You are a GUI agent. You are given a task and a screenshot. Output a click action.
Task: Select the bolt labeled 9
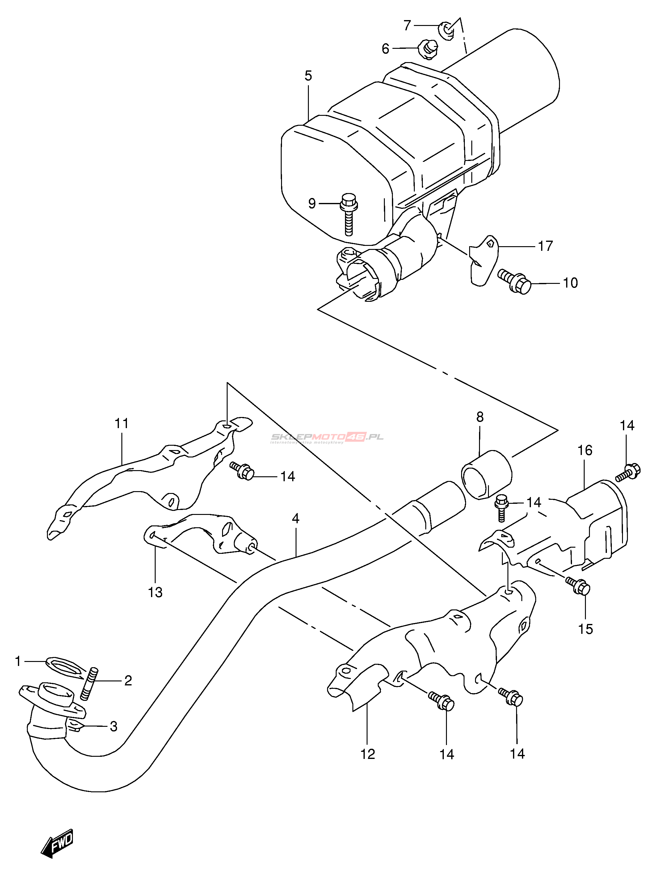coord(348,214)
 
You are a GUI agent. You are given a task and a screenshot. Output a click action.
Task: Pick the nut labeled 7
coord(446,30)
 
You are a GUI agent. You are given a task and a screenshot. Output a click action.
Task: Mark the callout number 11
coord(122,423)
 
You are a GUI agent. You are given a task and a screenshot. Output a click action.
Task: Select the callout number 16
coord(585,450)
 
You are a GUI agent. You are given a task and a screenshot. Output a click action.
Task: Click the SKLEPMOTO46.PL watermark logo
coord(327,437)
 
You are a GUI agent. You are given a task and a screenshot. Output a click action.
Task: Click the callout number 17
coord(545,246)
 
